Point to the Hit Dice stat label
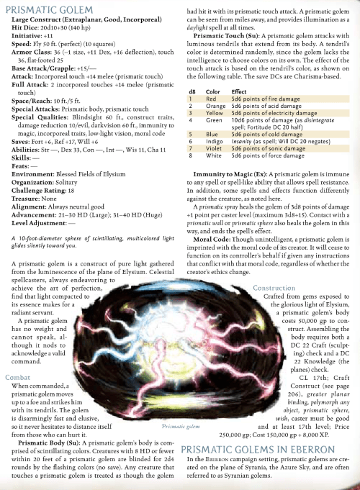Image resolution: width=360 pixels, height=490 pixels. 22,25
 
